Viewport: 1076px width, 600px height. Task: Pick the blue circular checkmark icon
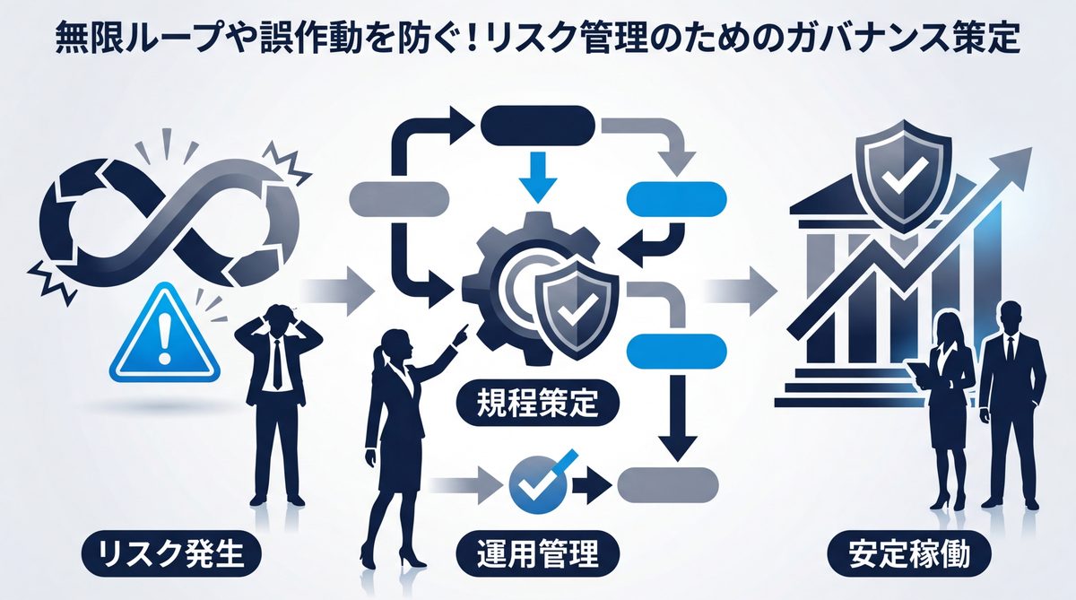click(x=536, y=484)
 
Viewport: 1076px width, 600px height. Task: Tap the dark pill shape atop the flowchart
click(x=539, y=125)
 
